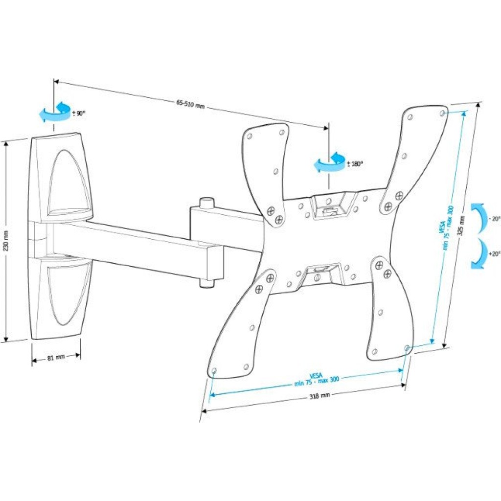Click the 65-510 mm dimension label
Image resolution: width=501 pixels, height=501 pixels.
190,104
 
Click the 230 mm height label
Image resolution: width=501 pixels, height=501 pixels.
6,241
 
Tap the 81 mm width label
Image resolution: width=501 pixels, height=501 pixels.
56,358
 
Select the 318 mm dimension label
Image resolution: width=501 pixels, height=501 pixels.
319,396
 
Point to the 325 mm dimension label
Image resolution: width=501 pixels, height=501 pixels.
461,226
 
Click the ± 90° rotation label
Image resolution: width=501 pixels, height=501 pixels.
79,113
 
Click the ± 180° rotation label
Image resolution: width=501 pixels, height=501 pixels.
355,164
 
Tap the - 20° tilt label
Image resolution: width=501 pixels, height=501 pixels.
495,219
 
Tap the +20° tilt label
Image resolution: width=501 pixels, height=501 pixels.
494,254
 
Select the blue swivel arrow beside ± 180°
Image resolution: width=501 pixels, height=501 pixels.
329,164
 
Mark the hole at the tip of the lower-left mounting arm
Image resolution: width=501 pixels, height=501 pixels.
214,371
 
